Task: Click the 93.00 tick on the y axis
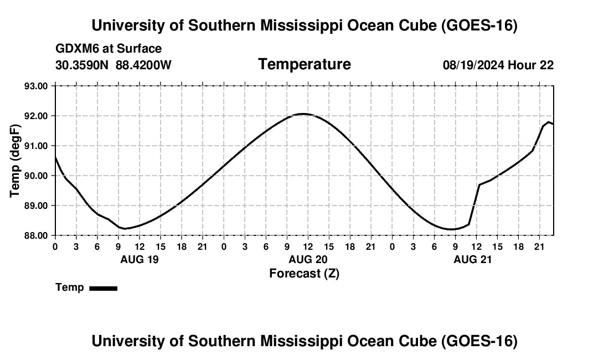point(36,86)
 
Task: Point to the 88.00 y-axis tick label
point(36,235)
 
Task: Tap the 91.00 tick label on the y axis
point(36,146)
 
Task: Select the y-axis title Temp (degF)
point(15,161)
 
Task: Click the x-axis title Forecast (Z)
point(304,274)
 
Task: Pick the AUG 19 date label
point(140,259)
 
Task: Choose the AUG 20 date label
point(308,259)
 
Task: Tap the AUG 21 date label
point(473,259)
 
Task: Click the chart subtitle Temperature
point(304,64)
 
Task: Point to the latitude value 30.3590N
point(82,65)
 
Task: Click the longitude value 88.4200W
point(143,65)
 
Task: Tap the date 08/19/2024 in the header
point(473,65)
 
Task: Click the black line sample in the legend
point(104,288)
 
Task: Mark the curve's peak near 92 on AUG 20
point(303,114)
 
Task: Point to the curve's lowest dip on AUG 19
point(125,228)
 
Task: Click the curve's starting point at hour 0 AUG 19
point(55,157)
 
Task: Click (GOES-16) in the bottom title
point(479,341)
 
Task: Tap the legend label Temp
point(70,287)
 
